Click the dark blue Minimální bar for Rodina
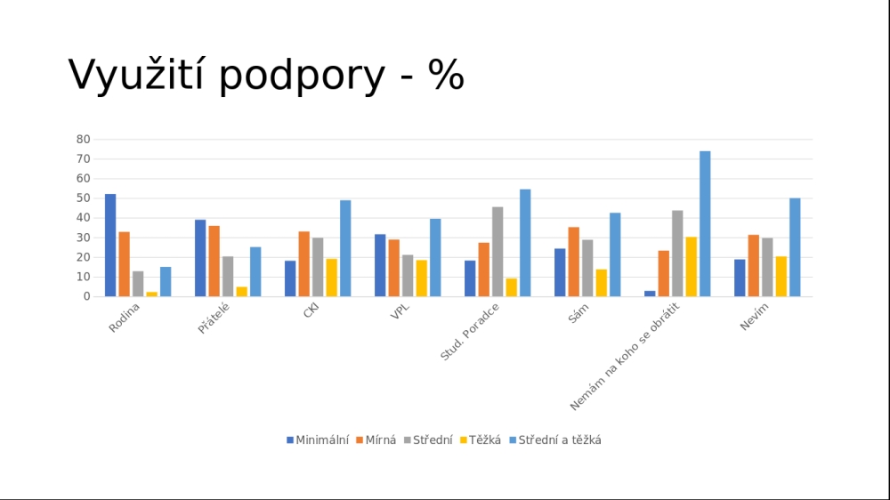point(110,246)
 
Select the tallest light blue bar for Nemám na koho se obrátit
point(705,223)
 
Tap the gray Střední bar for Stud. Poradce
point(498,252)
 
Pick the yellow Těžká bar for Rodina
point(152,294)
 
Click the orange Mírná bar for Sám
point(574,262)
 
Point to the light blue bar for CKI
point(345,248)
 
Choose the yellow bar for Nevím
point(781,277)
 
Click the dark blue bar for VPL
point(380,265)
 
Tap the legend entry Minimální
point(318,440)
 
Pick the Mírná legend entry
point(376,440)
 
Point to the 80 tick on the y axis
point(84,140)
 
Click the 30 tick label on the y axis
point(84,238)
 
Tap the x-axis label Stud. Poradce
point(470,332)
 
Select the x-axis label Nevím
point(754,316)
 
